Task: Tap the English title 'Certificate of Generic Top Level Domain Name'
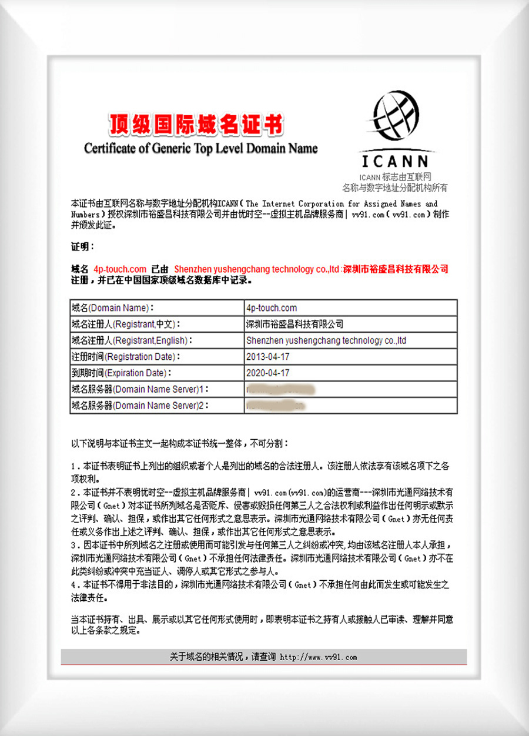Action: click(200, 148)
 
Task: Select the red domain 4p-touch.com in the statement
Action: click(120, 269)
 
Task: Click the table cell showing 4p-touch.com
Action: click(272, 307)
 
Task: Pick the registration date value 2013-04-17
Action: click(268, 357)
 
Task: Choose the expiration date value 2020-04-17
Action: click(268, 373)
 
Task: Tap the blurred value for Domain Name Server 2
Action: click(276, 406)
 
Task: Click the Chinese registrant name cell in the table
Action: click(295, 324)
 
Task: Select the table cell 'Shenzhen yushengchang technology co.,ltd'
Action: click(326, 340)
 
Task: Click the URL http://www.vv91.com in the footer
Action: click(318, 657)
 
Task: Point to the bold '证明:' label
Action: click(82, 246)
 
